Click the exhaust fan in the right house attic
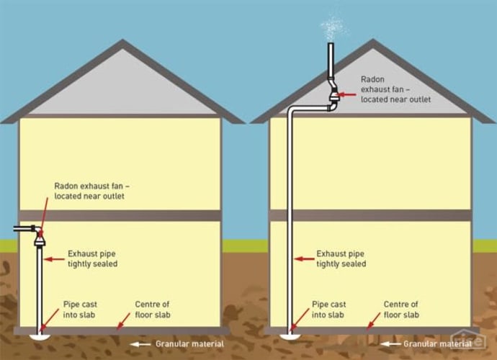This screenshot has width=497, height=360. [333, 94]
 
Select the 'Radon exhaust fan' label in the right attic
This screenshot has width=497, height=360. [395, 89]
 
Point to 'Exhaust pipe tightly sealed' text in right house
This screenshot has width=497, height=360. [341, 258]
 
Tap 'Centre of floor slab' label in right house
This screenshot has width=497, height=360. [401, 310]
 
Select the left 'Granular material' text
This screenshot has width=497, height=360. [189, 343]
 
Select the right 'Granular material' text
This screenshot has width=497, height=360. [436, 343]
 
